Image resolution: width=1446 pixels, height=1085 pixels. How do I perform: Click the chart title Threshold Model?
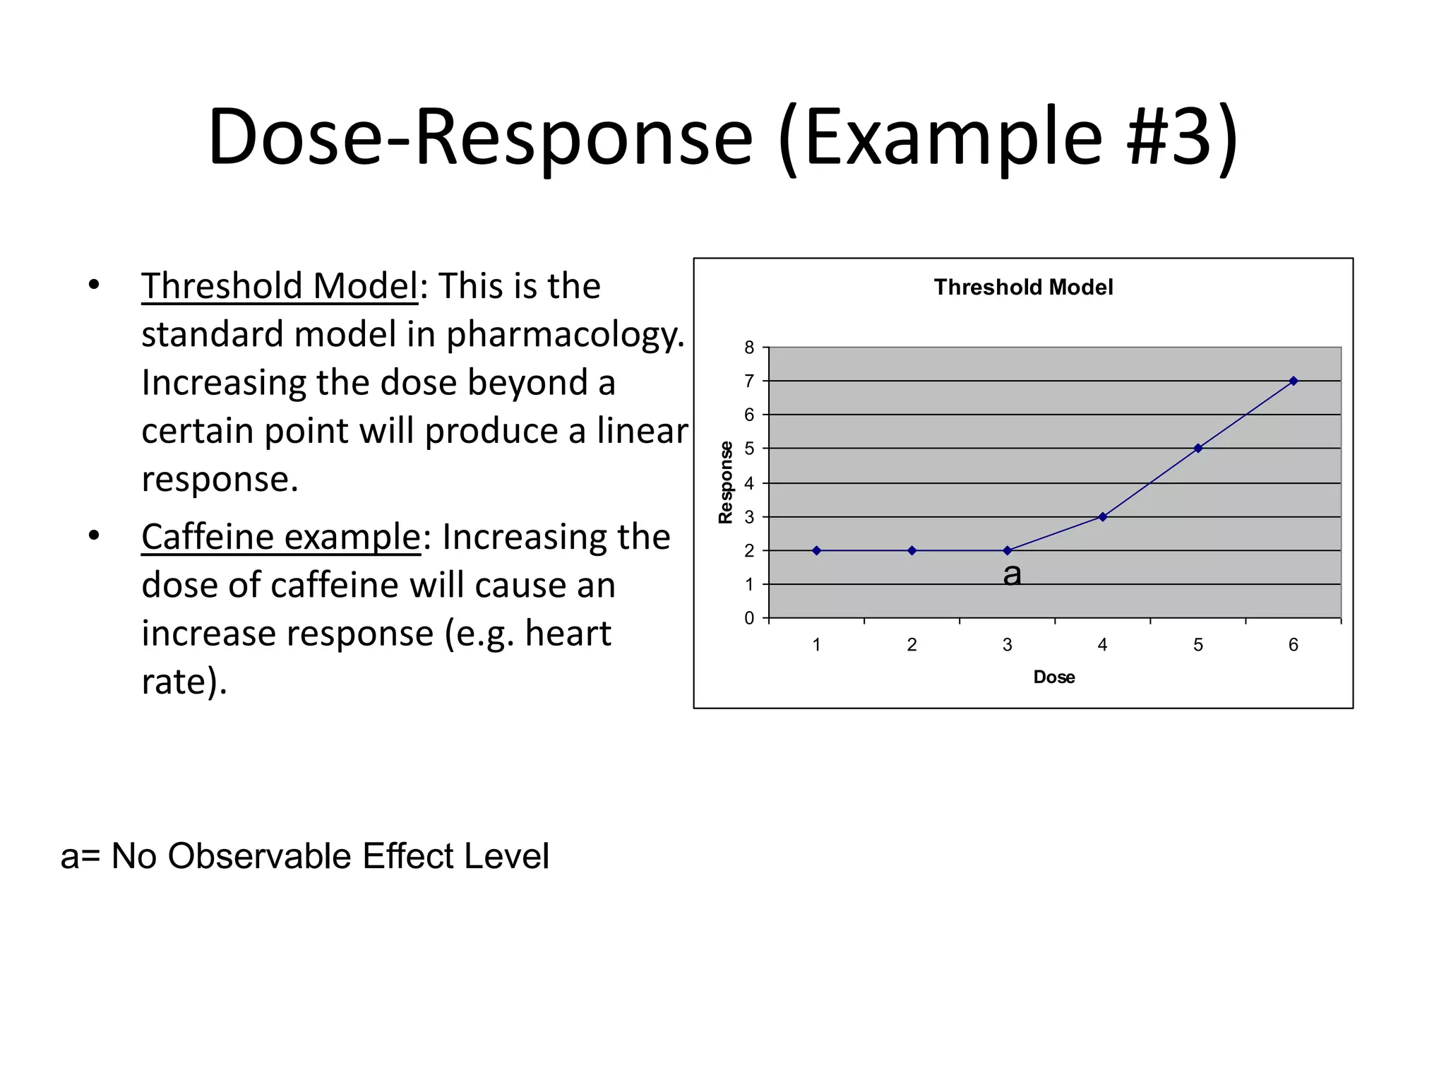1023,287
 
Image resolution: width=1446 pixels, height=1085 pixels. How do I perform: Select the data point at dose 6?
1293,381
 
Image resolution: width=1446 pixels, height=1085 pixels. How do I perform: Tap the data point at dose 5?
1197,448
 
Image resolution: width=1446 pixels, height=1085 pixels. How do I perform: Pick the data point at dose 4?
1102,516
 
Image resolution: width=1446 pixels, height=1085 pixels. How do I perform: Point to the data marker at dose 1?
816,550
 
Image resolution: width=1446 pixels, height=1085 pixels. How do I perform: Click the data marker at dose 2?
912,550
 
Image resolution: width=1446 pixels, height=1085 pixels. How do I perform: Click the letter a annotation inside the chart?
1012,574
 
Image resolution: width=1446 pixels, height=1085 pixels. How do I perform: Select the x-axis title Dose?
1053,677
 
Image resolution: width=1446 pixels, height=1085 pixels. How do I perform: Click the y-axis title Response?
725,482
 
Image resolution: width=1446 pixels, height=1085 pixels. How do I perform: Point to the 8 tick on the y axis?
749,348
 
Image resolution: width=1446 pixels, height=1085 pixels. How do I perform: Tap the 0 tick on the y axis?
749,618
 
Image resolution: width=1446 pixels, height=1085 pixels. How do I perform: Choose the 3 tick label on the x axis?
1007,644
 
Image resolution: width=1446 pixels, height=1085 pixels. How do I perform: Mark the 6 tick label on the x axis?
1293,644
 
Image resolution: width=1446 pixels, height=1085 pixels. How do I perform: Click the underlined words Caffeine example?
281,537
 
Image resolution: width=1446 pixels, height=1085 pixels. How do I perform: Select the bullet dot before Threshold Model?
94,285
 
